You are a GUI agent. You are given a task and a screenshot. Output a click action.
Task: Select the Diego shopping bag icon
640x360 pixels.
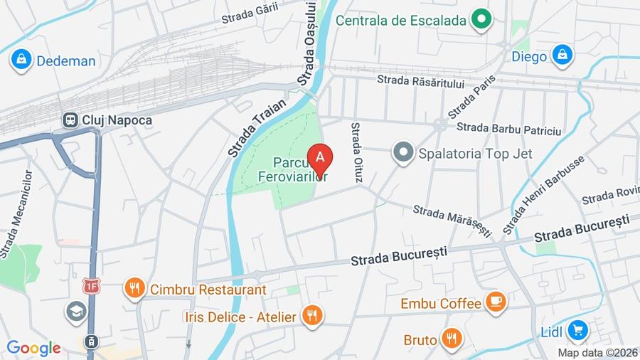tap(562, 55)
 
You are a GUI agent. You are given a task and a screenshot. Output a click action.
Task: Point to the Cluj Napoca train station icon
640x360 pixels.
tap(70, 120)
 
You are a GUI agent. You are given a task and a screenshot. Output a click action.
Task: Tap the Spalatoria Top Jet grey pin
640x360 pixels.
tap(404, 153)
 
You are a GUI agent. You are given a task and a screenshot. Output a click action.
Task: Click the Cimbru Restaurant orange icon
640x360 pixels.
tap(133, 289)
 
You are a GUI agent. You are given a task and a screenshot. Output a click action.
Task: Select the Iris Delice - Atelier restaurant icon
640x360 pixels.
tap(311, 316)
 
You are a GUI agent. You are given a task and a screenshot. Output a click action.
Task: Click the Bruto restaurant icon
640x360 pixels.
tap(451, 339)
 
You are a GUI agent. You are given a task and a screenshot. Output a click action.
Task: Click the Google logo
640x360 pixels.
tap(33, 348)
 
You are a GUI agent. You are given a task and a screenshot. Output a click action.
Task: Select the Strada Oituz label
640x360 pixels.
tap(356, 151)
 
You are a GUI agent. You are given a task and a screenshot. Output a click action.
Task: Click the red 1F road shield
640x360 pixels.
tap(91, 287)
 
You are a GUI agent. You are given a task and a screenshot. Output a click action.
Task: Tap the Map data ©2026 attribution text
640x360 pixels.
tap(597, 352)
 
